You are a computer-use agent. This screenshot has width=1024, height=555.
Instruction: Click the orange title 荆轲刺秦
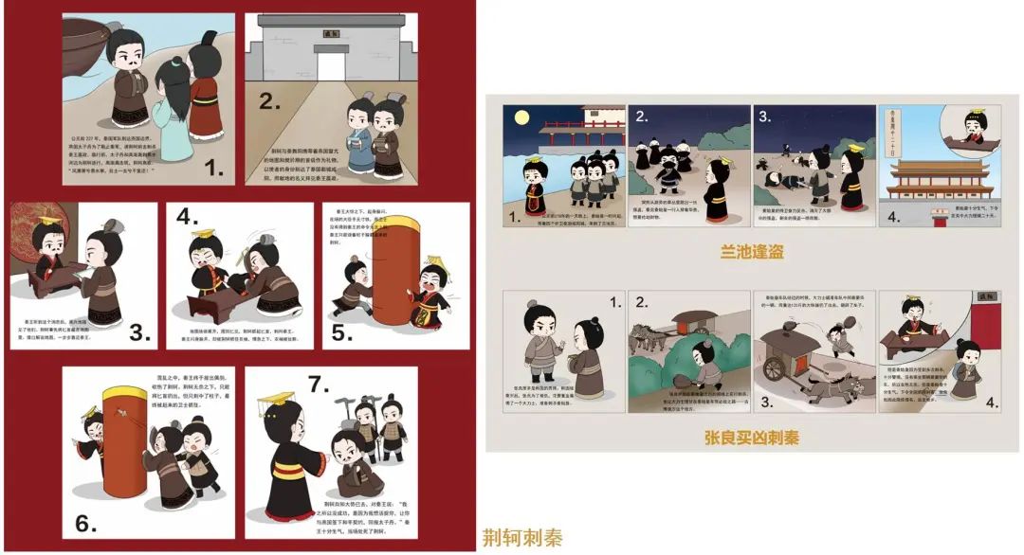click(x=522, y=538)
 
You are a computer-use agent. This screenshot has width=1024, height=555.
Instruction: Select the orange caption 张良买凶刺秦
click(x=752, y=438)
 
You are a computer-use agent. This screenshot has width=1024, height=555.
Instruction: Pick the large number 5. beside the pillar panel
click(x=340, y=333)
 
